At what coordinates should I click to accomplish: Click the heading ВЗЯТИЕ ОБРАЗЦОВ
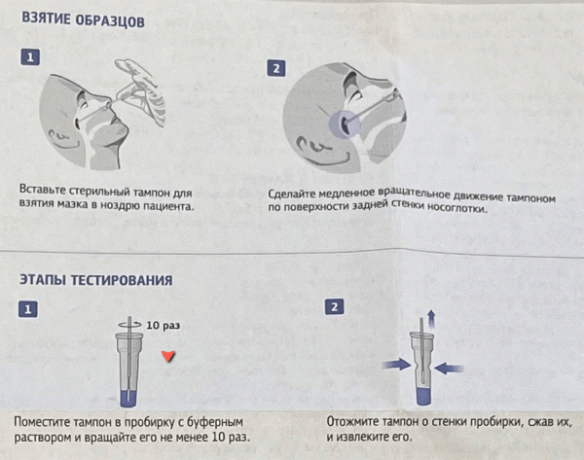click(84, 19)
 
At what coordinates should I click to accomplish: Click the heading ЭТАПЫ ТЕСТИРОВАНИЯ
click(96, 280)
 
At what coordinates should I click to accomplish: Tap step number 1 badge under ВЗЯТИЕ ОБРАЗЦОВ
click(30, 57)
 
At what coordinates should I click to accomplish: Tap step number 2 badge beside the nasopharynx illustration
click(276, 68)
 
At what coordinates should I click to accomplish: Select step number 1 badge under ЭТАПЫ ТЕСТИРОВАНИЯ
click(28, 309)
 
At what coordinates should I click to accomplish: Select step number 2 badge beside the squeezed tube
click(334, 307)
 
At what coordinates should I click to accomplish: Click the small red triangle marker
click(168, 356)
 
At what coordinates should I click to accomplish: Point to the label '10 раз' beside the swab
click(164, 325)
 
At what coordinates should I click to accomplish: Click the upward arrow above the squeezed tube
click(431, 319)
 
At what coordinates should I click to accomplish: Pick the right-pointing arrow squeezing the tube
click(397, 364)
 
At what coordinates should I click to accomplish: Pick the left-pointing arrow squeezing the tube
click(449, 369)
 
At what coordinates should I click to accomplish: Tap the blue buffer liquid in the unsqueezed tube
click(128, 398)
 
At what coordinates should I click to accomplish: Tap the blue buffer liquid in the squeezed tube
click(423, 396)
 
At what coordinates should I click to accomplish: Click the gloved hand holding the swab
click(138, 91)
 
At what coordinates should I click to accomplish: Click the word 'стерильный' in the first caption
click(99, 192)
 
